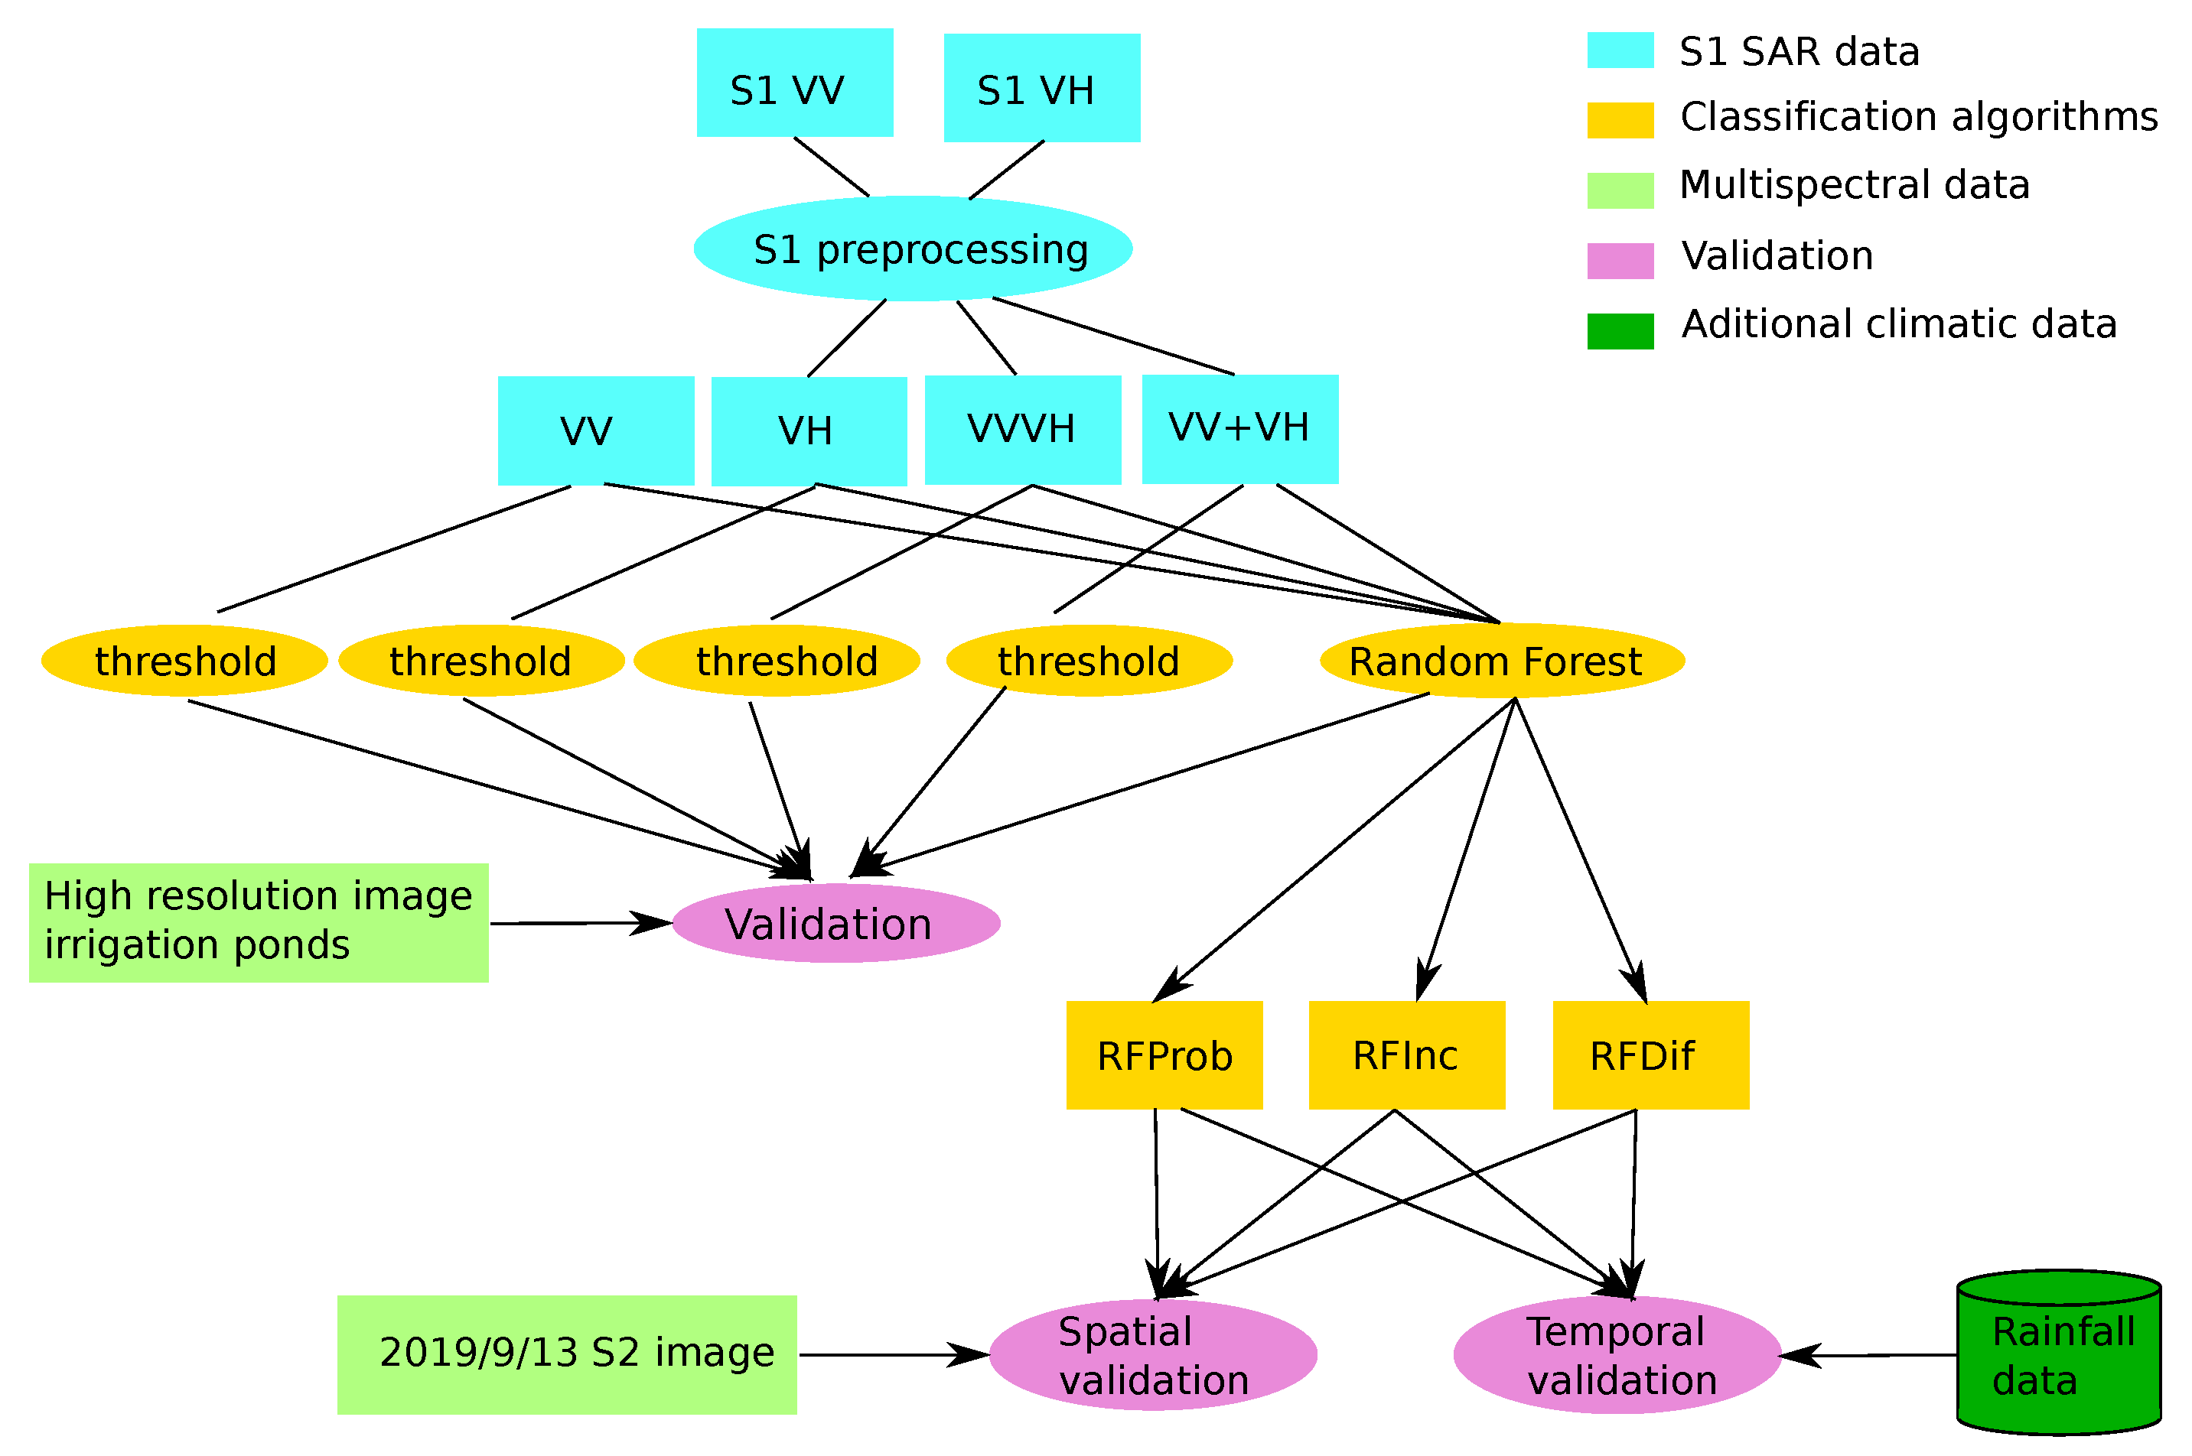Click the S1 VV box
pos(794,83)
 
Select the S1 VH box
pos(1041,88)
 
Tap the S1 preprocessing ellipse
pos(912,248)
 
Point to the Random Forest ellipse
pos(1501,660)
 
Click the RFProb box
pos(1163,1055)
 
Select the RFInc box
pos(1405,1055)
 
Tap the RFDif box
pos(1650,1055)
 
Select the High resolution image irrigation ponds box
pos(258,922)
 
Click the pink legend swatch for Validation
pos(1619,261)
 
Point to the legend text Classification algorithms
pos(1918,117)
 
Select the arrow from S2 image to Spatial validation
pos(891,1355)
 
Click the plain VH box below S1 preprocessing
pos(808,431)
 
